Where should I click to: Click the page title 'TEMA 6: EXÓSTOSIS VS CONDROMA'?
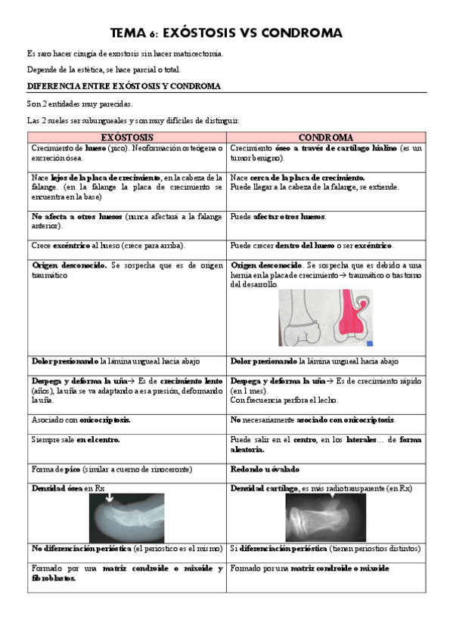(226, 33)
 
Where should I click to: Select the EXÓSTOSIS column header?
(126, 137)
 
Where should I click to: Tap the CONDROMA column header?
(325, 137)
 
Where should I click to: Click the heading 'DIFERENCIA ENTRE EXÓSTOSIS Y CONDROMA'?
(124, 86)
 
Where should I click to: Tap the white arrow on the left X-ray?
(108, 498)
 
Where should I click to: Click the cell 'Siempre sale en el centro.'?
(76, 439)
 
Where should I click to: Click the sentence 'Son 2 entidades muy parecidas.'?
(79, 104)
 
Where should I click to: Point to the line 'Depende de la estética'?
(104, 70)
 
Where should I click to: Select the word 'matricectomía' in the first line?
(199, 53)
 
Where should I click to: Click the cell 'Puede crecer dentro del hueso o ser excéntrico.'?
(312, 246)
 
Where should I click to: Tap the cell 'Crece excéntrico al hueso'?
(109, 246)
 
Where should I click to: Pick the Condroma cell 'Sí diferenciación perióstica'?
(325, 549)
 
